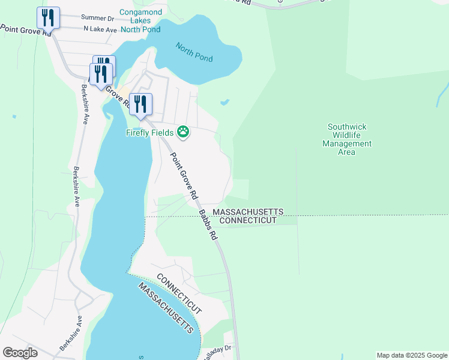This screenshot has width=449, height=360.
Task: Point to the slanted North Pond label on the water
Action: point(194,52)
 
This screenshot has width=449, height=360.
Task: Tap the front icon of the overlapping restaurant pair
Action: point(100,74)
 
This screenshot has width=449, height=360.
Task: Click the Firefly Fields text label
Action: point(149,133)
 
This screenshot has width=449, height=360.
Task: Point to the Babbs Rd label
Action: point(208,224)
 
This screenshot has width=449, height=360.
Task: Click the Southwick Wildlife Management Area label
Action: point(346,139)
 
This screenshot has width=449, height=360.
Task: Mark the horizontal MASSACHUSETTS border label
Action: point(248,212)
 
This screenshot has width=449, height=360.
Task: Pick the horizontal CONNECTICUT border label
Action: point(248,221)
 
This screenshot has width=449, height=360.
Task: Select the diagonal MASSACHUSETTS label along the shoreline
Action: point(166,308)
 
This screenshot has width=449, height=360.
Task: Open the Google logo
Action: point(20,352)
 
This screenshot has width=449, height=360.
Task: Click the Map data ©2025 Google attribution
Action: point(411,355)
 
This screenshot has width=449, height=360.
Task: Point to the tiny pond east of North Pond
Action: point(224,102)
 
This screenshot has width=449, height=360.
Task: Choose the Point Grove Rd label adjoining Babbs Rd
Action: point(184,176)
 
